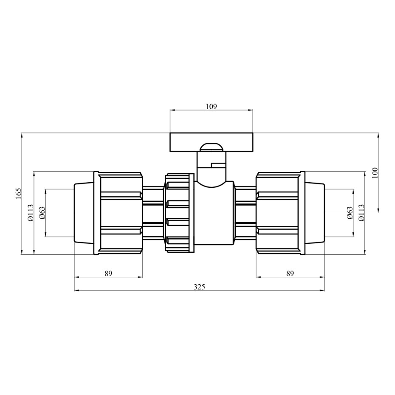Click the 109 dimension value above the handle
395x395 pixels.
211,106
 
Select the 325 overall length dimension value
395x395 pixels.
199,287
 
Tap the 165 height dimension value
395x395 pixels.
18,193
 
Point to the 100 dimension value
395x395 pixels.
375,173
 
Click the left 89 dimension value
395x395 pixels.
108,274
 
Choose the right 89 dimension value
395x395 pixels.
290,274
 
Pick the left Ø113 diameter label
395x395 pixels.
30,213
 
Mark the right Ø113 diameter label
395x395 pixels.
361,213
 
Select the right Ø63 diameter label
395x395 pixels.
350,213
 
